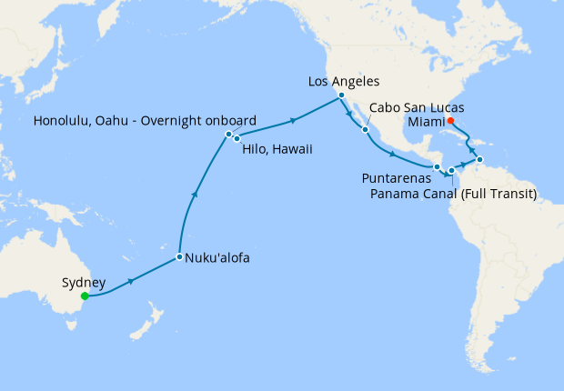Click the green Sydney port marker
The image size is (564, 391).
click(x=85, y=296)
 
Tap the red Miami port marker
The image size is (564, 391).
click(x=450, y=121)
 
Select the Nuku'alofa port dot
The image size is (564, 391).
click(x=179, y=257)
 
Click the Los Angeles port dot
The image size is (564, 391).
click(x=340, y=95)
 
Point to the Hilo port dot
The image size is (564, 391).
click(x=237, y=138)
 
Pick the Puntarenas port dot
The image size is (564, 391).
click(x=437, y=167)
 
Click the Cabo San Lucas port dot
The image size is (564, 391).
click(x=365, y=129)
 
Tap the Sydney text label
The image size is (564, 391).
click(x=85, y=282)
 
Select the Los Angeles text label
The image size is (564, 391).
click(x=343, y=81)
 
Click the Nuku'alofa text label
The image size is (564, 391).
click(x=217, y=258)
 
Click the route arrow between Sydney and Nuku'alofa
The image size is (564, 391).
click(x=133, y=281)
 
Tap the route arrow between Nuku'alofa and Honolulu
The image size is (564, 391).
click(x=193, y=193)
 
